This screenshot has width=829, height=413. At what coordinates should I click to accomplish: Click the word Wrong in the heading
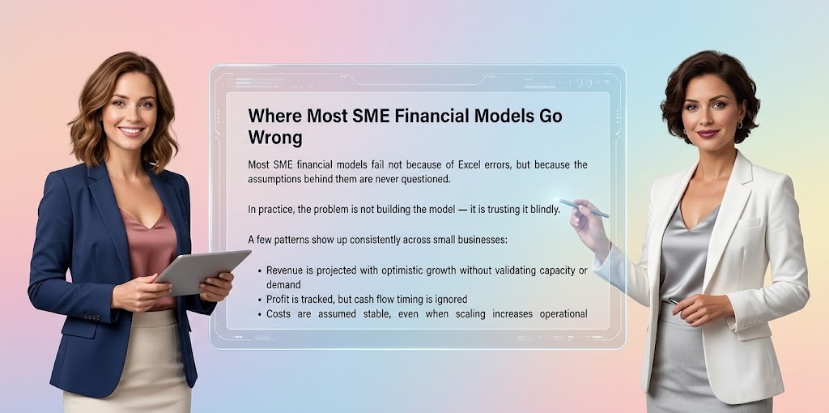coord(274,137)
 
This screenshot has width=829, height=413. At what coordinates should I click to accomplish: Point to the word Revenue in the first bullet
coord(288,270)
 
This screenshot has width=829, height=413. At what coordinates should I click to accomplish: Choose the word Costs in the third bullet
coord(281,313)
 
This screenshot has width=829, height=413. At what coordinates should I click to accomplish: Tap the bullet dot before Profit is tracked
coord(258,300)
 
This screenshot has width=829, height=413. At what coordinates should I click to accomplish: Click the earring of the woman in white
coord(738,125)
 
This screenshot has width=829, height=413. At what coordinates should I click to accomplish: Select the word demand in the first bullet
coord(283,284)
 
